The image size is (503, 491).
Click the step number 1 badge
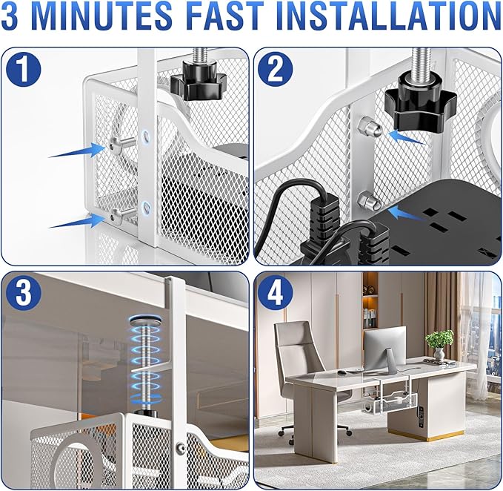[24, 70]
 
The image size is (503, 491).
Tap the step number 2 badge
[276, 69]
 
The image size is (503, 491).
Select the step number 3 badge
[24, 294]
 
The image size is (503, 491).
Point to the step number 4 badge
[276, 293]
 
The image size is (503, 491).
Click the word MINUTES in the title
[102, 16]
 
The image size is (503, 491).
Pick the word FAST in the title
[224, 16]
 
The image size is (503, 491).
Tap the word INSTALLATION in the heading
[388, 16]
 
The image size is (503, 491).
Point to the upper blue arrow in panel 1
[77, 151]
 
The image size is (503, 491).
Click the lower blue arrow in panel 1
[77, 221]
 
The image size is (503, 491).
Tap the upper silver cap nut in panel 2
[369, 127]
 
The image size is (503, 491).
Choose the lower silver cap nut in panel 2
[369, 200]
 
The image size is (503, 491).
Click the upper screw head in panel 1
[115, 145]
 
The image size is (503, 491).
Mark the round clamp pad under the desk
[146, 320]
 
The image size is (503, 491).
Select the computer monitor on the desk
[384, 349]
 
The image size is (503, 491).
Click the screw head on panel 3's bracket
[181, 447]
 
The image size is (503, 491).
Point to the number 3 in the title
[10, 16]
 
